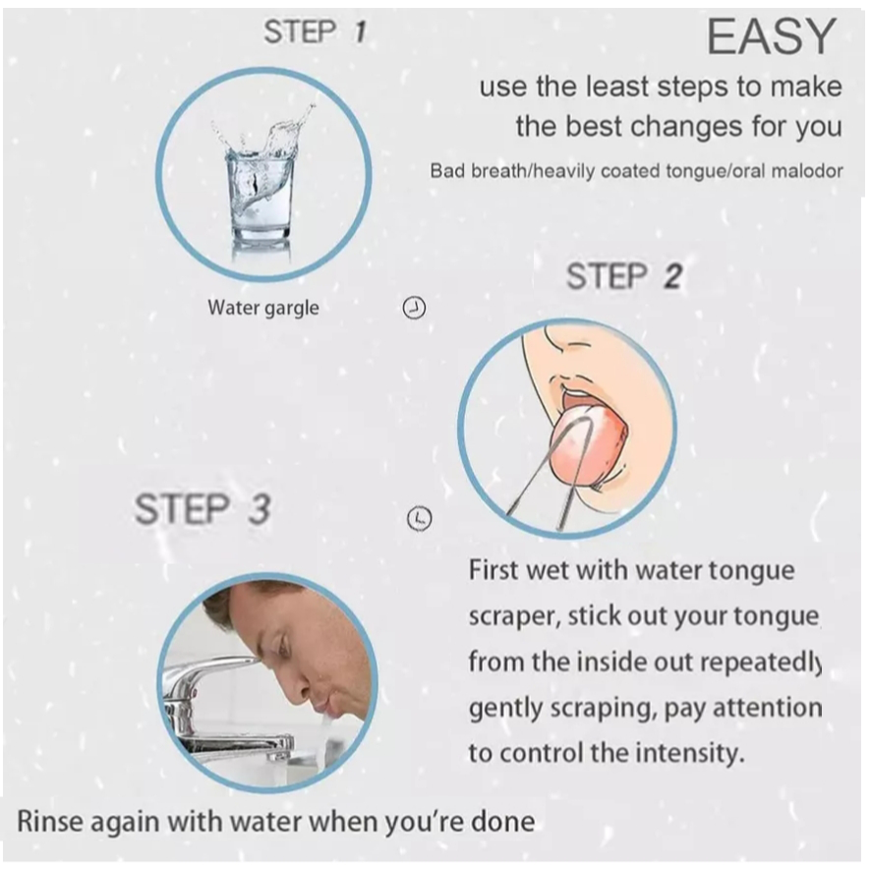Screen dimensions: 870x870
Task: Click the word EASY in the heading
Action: pos(772,36)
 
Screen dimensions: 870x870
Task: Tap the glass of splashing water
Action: pos(261,183)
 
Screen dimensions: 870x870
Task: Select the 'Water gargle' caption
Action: pos(263,308)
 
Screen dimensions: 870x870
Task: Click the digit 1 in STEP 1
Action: pos(360,31)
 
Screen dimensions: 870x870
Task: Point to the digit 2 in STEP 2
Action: pos(672,276)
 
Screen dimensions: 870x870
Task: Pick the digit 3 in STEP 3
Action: pos(260,509)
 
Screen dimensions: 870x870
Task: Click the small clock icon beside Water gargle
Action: pos(413,308)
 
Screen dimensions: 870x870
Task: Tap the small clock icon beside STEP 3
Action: pos(420,518)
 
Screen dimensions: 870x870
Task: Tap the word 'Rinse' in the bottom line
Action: pos(49,822)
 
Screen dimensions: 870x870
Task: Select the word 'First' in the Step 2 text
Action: pos(493,570)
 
